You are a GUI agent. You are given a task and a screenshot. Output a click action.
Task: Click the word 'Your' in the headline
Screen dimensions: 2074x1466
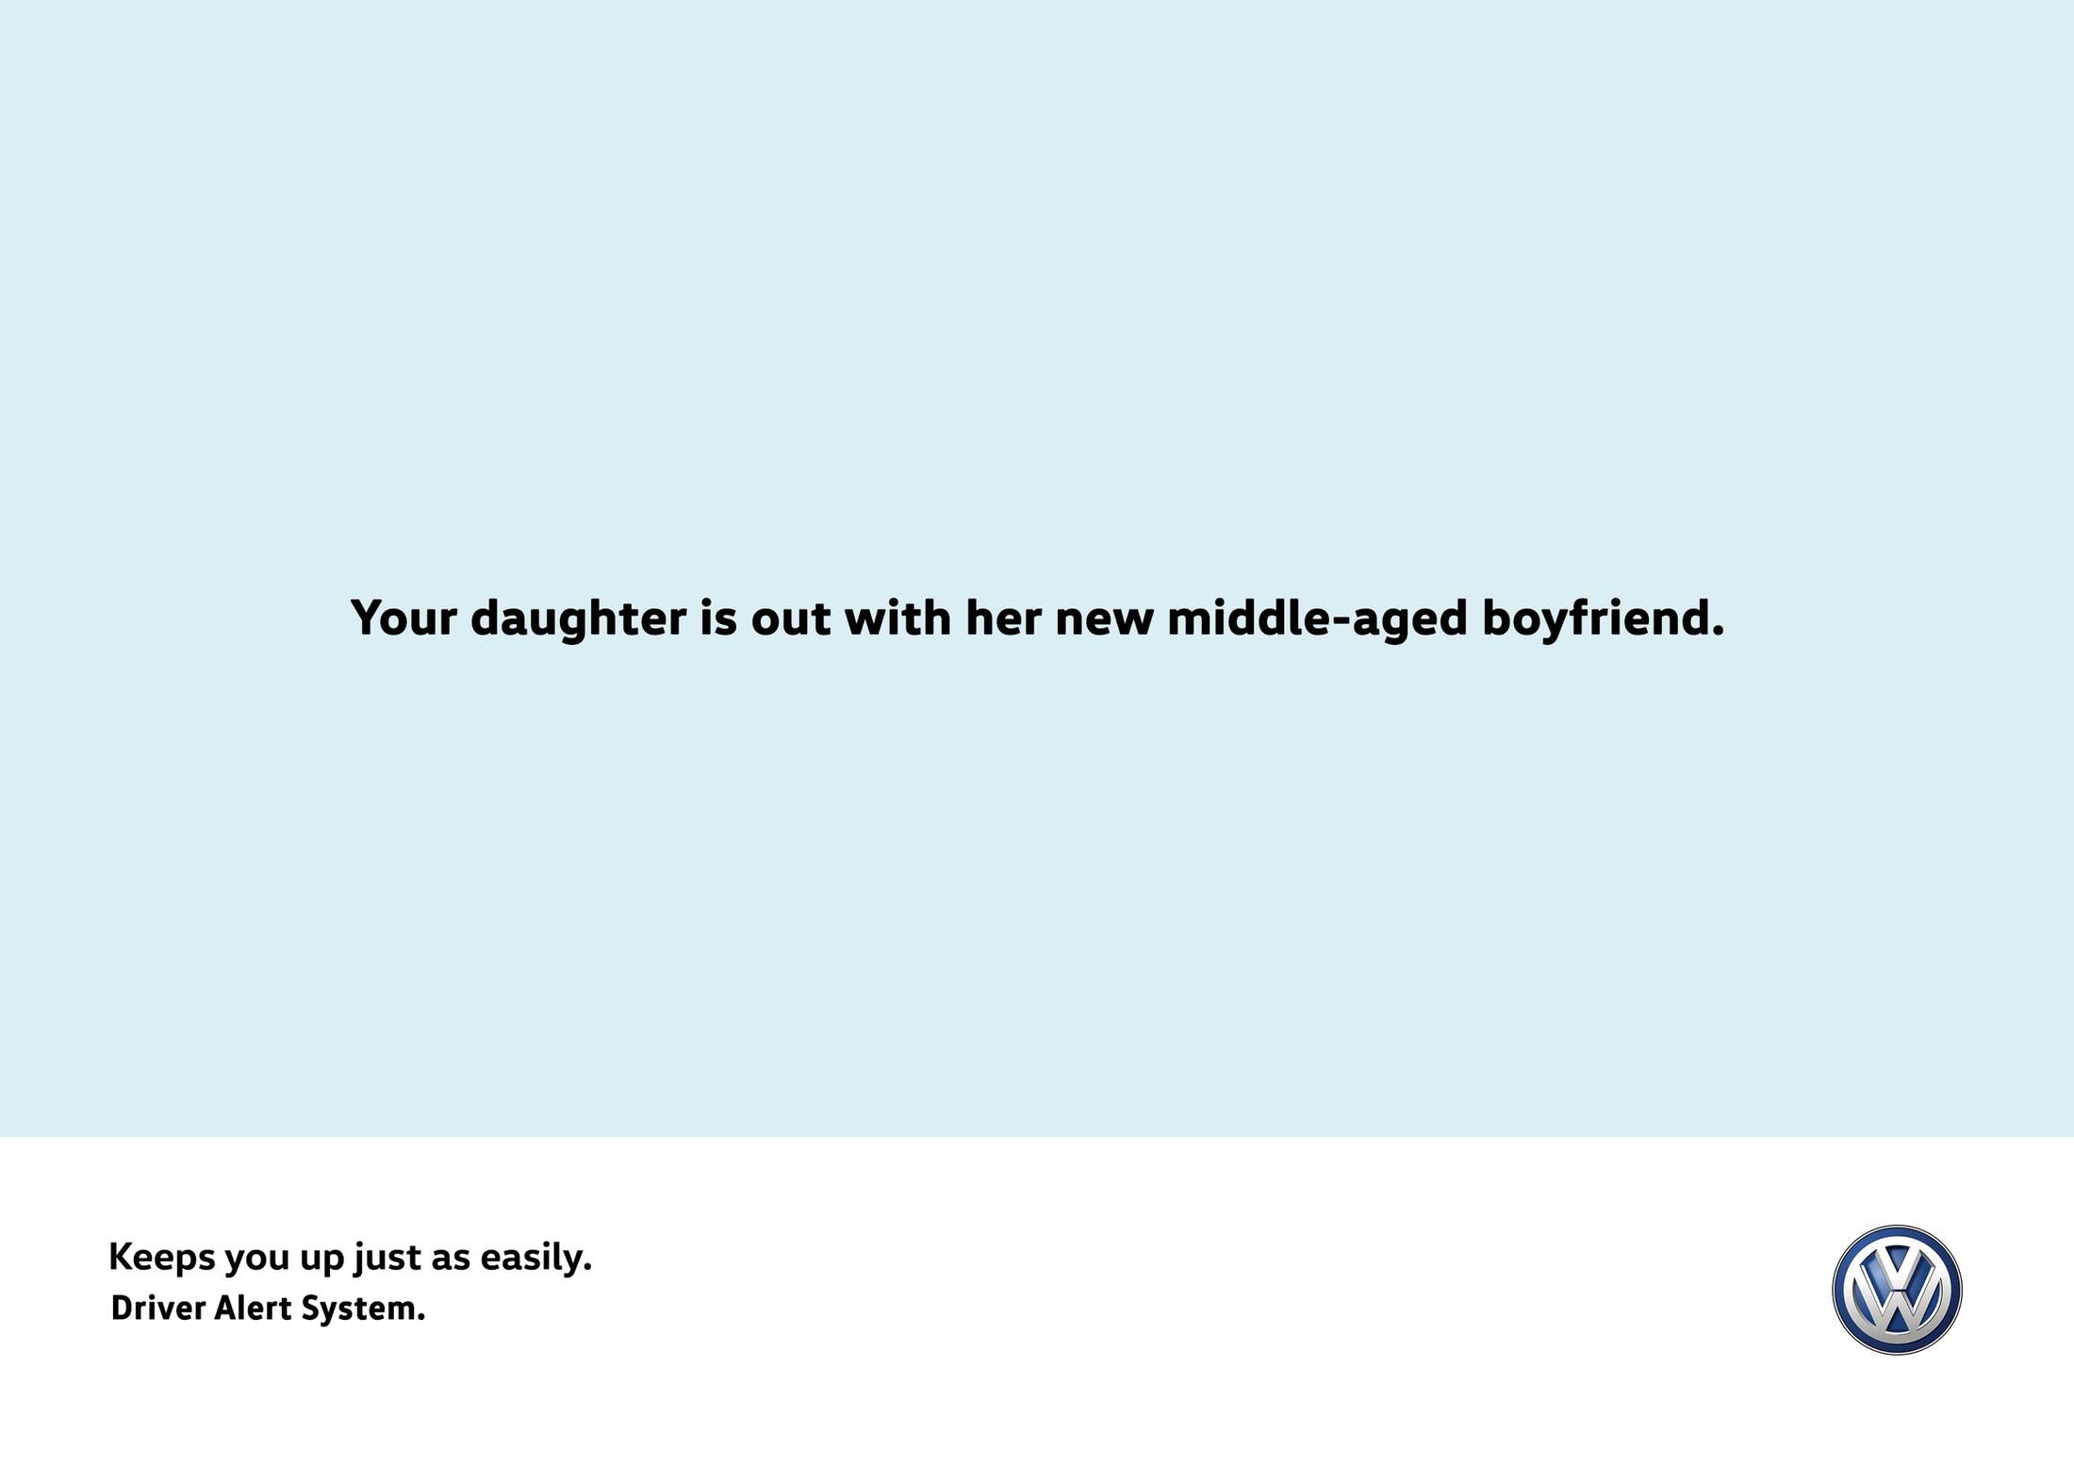pyautogui.click(x=403, y=618)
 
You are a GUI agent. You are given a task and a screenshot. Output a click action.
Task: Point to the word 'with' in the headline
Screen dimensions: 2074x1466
pyautogui.click(x=897, y=618)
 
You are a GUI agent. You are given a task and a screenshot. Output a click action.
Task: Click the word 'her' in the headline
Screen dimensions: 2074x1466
pyautogui.click(x=1003, y=618)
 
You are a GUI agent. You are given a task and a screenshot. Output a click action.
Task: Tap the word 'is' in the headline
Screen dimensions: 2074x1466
pyautogui.click(x=718, y=618)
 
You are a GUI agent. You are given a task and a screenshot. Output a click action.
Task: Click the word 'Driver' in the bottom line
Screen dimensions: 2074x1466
pyautogui.click(x=158, y=1309)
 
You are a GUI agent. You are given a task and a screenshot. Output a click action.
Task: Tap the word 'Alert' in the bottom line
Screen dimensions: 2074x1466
pyautogui.click(x=254, y=1309)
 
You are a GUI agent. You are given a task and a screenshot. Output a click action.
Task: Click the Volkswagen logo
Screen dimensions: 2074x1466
pyautogui.click(x=1897, y=1290)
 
